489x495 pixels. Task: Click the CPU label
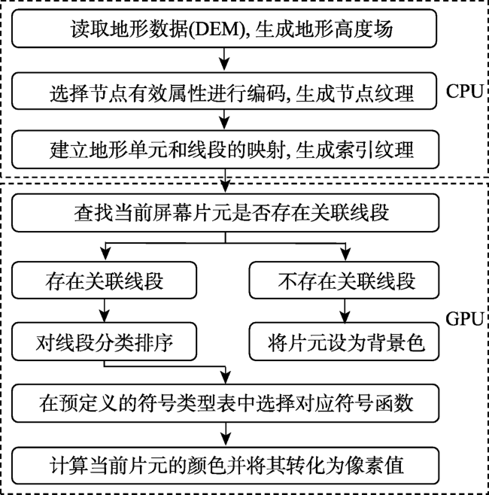[464, 92]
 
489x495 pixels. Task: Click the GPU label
[464, 318]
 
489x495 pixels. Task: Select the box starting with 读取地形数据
[224, 29]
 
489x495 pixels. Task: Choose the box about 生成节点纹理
[224, 91]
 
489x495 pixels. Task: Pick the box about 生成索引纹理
[226, 150]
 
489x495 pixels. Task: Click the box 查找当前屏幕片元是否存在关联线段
[226, 213]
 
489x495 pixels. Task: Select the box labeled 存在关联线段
[104, 280]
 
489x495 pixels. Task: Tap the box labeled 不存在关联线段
[344, 280]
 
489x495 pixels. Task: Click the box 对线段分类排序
[104, 342]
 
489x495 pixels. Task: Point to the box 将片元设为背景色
[344, 342]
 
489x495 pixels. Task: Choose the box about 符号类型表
[226, 403]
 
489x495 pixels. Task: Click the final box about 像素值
[226, 466]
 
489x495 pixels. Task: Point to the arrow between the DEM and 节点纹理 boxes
[224, 59]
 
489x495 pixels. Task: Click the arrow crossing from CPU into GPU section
[225, 181]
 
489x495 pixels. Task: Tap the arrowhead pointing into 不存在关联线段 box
[346, 255]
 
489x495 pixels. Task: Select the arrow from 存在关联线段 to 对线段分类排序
[104, 311]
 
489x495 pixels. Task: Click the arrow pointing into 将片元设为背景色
[345, 311]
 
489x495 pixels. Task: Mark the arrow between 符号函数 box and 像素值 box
[226, 434]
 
